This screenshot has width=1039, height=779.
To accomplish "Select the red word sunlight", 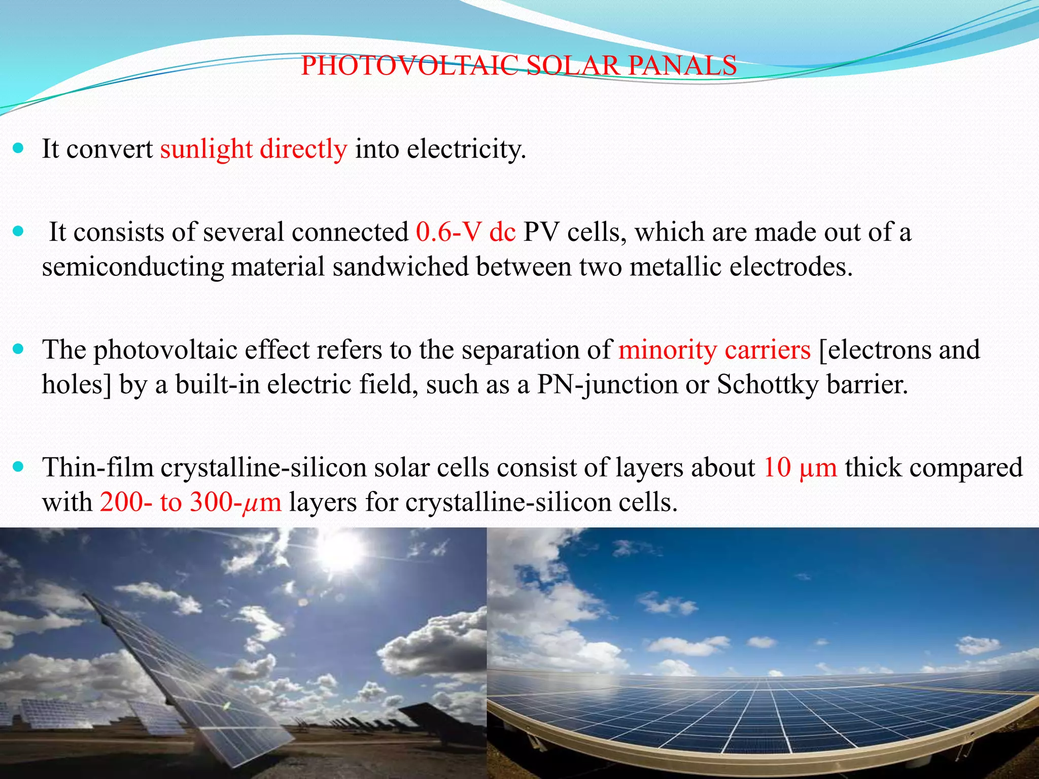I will pyautogui.click(x=206, y=150).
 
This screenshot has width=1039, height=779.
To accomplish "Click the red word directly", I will pyautogui.click(x=303, y=150).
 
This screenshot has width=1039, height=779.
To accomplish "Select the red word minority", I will pyautogui.click(x=667, y=350).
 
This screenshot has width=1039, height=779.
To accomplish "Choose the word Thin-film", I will pyautogui.click(x=97, y=468).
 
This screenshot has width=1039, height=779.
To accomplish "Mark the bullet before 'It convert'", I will pyautogui.click(x=18, y=149).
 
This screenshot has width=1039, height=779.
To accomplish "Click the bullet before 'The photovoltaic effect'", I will pyautogui.click(x=18, y=349).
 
